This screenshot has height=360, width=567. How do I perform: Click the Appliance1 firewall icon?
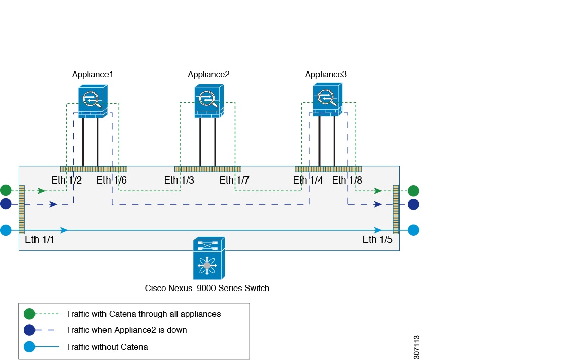93,101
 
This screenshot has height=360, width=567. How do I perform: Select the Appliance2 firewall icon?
209,101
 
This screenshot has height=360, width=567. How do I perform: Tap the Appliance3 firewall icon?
328,99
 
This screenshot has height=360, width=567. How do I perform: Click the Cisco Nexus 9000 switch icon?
209,258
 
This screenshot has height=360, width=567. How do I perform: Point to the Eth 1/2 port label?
66,180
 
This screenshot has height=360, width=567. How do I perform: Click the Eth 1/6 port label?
112,180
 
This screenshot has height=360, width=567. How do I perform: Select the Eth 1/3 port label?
179,180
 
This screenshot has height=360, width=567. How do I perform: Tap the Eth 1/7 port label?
234,180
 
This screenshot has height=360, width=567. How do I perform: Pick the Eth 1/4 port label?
308,180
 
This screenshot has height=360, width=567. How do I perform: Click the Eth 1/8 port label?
347,180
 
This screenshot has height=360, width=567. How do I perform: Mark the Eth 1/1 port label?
40,240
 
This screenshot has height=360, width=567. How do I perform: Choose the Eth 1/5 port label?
377,240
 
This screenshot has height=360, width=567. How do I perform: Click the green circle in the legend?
29,314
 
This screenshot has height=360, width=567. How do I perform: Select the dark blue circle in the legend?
29,330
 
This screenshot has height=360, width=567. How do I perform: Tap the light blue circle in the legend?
29,347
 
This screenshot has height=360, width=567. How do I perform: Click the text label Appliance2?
208,75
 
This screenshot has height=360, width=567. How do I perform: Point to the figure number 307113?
416,347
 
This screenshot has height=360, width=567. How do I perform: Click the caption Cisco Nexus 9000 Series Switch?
207,288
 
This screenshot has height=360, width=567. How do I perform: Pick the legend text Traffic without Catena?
107,347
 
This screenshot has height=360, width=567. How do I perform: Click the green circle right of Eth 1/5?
414,191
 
